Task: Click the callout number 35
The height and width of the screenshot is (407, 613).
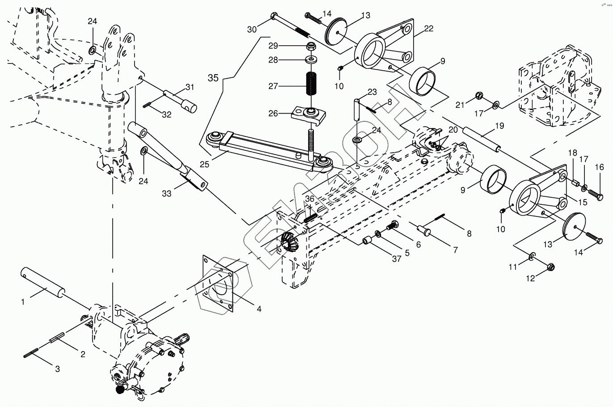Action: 213,77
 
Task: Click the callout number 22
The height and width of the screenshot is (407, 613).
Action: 429,29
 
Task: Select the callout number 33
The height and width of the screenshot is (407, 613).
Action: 166,194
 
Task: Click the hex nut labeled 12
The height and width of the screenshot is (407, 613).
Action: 550,267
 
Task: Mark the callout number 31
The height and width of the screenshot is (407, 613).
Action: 190,87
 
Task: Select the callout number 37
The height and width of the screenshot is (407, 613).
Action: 397,259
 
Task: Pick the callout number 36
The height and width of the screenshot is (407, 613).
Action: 310,199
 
